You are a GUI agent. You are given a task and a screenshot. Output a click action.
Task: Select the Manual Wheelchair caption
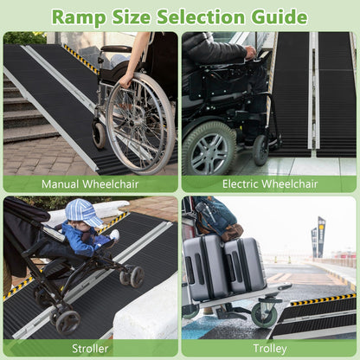[x=91, y=184]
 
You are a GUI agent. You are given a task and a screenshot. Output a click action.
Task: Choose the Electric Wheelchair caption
[x=268, y=184]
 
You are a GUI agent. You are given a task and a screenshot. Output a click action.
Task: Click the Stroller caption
[x=91, y=348]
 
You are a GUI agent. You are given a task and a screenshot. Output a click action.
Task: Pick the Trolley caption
[x=268, y=348]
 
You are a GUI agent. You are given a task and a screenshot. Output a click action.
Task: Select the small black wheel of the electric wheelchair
[x=260, y=149]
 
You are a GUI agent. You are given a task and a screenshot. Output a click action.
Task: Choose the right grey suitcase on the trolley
[x=244, y=264]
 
